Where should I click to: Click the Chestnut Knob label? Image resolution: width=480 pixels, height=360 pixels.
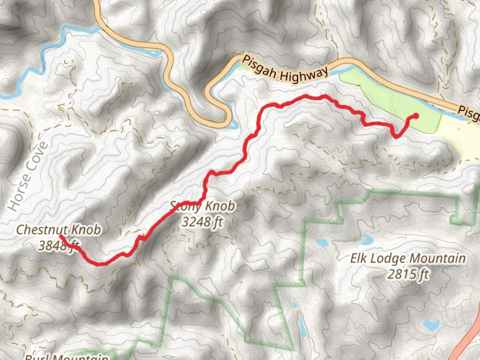[x=58, y=230]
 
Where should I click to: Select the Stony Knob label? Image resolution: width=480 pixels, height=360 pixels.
[x=202, y=206]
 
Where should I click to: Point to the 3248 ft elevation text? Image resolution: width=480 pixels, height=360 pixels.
[x=202, y=222]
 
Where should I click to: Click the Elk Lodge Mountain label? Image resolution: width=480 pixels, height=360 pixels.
[x=408, y=258]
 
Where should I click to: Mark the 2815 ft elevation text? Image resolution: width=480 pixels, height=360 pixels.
[x=408, y=274]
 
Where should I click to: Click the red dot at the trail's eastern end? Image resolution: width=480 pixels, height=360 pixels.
[x=416, y=116]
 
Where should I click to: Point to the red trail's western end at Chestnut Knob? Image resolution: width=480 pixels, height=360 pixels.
[x=61, y=236]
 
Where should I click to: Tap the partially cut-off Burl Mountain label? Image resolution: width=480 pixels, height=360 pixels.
[x=67, y=357]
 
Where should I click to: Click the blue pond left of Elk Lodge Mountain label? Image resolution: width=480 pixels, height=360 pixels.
[x=323, y=242]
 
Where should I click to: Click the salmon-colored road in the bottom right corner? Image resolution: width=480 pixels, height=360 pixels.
[x=468, y=343]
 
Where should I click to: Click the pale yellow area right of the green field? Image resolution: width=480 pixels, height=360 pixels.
[x=460, y=137]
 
